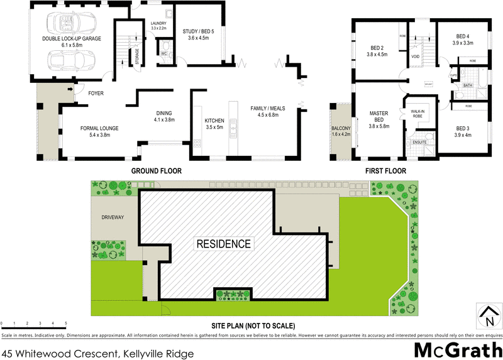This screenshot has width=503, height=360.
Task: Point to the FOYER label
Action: click(x=96, y=94)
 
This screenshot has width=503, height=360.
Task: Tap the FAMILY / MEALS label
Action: click(x=268, y=108)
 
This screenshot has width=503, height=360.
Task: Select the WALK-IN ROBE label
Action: click(x=418, y=113)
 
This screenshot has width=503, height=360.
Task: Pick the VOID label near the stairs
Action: click(x=416, y=57)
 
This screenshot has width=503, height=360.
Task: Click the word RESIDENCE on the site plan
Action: click(x=224, y=244)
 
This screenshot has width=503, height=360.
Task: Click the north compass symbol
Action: click(x=488, y=316)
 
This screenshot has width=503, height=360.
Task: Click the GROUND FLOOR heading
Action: click(x=156, y=171)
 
